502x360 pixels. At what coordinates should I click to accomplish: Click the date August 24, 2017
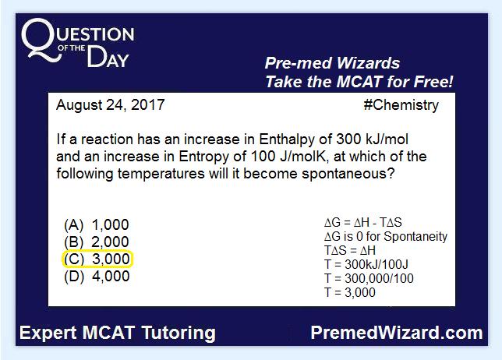[x=111, y=105]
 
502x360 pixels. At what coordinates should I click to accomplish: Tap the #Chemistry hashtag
[x=401, y=105]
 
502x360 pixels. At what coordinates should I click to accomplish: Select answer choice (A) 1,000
[x=97, y=225]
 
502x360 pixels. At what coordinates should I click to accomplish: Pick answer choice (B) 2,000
[x=97, y=242]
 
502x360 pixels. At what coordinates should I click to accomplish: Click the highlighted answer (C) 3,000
[x=97, y=259]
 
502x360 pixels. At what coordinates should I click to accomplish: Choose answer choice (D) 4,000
[x=97, y=276]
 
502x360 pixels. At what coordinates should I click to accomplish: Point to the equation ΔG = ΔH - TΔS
[x=363, y=222]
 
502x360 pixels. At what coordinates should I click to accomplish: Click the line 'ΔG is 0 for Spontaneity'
[x=386, y=236]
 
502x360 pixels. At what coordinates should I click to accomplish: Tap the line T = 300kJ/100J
[x=366, y=265]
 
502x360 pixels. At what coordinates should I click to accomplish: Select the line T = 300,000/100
[x=369, y=278]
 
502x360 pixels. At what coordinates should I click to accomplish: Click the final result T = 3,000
[x=349, y=292]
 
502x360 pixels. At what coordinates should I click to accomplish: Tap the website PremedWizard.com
[x=397, y=333]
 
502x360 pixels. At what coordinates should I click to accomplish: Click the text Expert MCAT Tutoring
[x=118, y=333]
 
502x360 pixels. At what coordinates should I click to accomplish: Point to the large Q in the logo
[x=41, y=40]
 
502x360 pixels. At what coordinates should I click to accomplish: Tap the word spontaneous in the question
[x=348, y=175]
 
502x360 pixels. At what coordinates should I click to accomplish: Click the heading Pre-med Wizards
[x=332, y=63]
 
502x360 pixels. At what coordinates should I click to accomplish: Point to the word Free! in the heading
[x=434, y=82]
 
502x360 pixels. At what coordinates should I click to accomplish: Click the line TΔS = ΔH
[x=349, y=251]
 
